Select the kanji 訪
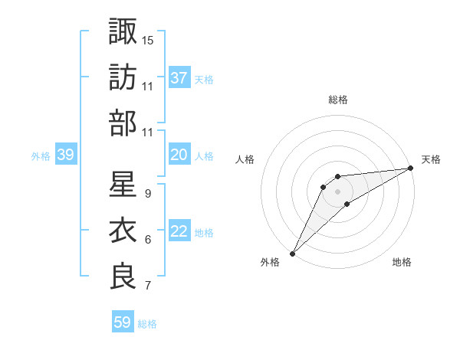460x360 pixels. click(x=123, y=77)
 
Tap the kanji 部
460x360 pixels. click(x=123, y=123)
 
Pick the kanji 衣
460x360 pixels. click(x=123, y=231)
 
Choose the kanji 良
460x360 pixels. click(x=123, y=277)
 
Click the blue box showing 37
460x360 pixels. click(x=179, y=78)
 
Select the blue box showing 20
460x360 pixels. click(x=179, y=155)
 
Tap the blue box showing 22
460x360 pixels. click(x=179, y=231)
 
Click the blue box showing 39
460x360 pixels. click(x=65, y=155)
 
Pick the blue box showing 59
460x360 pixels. click(x=122, y=322)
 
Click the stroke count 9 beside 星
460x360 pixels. click(x=147, y=194)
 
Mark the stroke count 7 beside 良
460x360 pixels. click(x=147, y=286)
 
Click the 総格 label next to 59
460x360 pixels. click(x=147, y=324)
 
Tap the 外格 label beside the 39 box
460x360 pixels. click(x=41, y=156)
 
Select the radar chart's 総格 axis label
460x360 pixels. click(x=338, y=100)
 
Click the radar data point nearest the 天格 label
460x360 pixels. click(x=410, y=169)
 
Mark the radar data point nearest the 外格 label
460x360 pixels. click(x=292, y=253)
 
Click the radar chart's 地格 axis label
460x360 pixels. click(x=402, y=263)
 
